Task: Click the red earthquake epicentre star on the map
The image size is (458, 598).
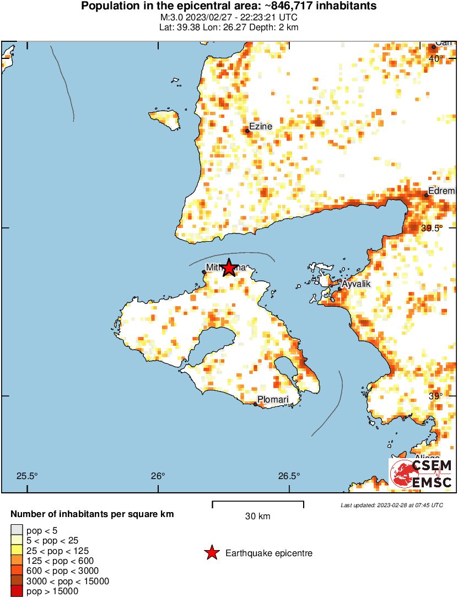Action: click(228, 268)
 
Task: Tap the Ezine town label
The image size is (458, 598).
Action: click(261, 127)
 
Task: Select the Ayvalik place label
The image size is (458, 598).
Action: click(356, 284)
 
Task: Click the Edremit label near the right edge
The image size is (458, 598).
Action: click(443, 191)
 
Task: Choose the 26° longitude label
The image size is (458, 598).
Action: click(158, 476)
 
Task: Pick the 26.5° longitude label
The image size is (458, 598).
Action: click(289, 476)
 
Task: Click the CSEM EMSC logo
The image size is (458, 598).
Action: click(422, 474)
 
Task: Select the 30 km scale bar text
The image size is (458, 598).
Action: click(258, 517)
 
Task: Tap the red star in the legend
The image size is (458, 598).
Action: click(212, 553)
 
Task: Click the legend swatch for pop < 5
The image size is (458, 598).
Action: click(17, 531)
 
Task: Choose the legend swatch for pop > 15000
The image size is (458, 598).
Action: click(17, 591)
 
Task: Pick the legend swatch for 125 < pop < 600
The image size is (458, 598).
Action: click(17, 561)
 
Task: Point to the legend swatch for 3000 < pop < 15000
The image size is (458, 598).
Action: click(17, 581)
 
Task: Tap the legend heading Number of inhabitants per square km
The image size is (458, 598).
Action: click(93, 514)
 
